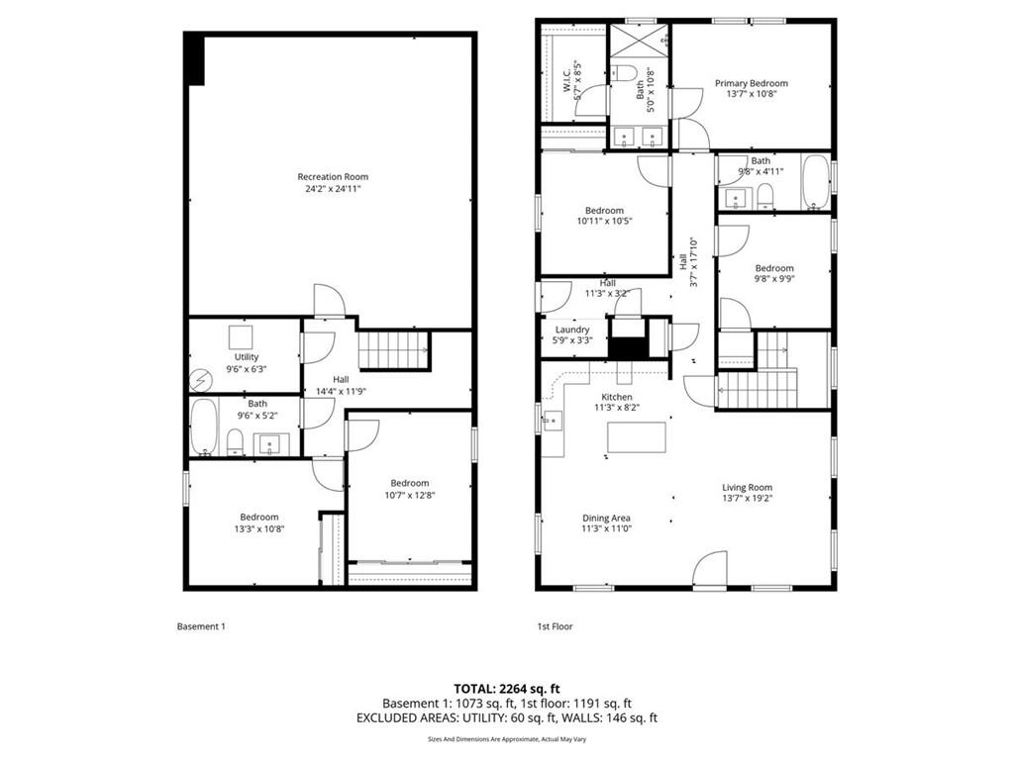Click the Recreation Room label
click(333, 176)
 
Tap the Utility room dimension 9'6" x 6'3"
click(247, 369)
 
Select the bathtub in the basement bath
click(204, 427)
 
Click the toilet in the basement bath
click(235, 442)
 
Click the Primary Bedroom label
click(752, 83)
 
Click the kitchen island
click(637, 437)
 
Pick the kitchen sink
click(553, 421)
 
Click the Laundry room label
click(572, 330)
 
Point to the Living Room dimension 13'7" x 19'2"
click(748, 499)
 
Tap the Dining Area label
click(606, 518)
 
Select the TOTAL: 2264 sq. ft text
click(507, 689)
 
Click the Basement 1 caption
click(201, 626)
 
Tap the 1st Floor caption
click(555, 626)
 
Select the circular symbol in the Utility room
click(200, 381)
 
